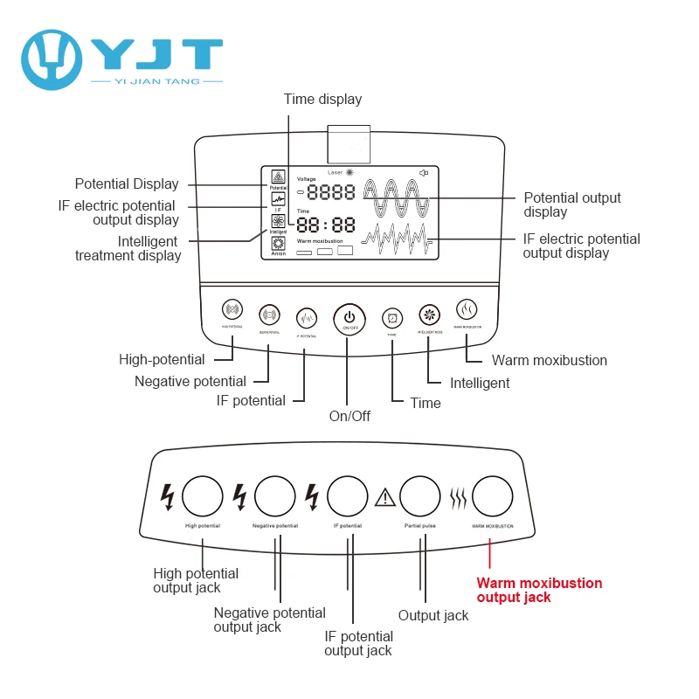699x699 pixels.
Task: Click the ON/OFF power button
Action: click(x=348, y=317)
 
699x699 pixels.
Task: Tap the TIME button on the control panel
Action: click(x=392, y=317)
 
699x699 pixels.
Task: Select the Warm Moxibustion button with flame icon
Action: click(x=467, y=310)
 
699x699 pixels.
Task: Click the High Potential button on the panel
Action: click(x=232, y=310)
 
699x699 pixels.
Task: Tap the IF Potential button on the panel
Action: click(x=306, y=316)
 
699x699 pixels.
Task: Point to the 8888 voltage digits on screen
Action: click(x=330, y=193)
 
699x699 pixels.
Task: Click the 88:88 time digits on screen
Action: click(x=326, y=225)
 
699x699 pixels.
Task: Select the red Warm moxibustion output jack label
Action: click(x=538, y=590)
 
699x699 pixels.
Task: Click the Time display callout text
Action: click(x=322, y=100)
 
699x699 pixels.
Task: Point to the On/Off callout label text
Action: click(x=349, y=416)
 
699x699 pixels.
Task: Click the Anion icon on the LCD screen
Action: click(x=278, y=245)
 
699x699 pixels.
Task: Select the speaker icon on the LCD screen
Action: click(x=424, y=173)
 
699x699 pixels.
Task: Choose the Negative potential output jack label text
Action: click(x=269, y=619)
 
